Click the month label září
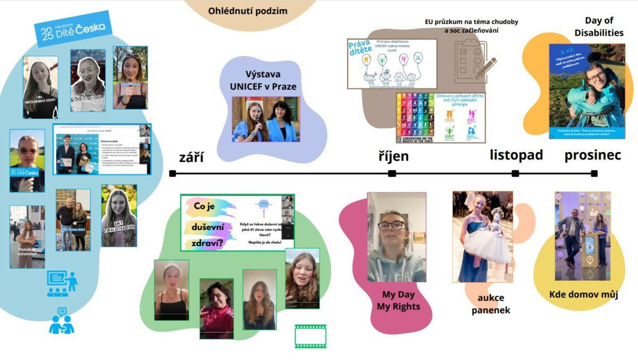[191, 157]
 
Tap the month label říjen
[393, 156]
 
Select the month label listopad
[516, 155]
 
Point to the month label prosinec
[593, 155]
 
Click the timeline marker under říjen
[392, 173]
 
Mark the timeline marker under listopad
[515, 173]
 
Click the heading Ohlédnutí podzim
[248, 11]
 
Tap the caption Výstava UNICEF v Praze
[263, 80]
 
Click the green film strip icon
[310, 336]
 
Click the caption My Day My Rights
[398, 300]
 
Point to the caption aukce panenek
[491, 304]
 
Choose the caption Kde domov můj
[583, 295]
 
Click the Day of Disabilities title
[599, 27]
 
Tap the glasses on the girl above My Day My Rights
[392, 225]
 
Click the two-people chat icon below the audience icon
[61, 321]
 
